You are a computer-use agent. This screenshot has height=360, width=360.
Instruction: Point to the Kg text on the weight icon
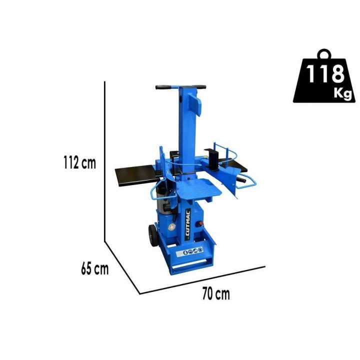[342, 93]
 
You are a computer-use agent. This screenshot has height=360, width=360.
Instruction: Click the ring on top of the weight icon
[324, 54]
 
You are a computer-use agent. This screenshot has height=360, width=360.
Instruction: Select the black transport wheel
[153, 235]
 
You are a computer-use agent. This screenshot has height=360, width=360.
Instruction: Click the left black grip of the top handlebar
[163, 87]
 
